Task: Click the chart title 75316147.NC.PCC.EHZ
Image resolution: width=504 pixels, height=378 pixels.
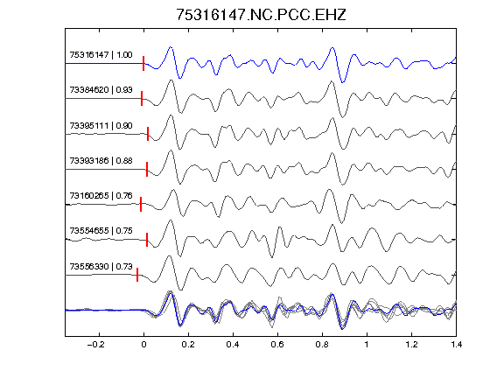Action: tap(261, 15)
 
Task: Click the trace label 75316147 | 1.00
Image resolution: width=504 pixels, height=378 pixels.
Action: tap(101, 55)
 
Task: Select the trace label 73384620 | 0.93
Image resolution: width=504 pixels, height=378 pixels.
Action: tap(101, 90)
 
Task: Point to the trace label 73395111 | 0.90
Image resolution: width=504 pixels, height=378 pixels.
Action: tap(101, 126)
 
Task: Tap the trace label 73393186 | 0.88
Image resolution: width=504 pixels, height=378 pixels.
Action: tap(101, 161)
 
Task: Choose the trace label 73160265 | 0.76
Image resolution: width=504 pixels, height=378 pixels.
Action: tap(101, 196)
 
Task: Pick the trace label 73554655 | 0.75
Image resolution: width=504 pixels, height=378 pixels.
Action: tap(101, 231)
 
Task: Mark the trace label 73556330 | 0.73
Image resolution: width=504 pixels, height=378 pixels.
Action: tap(101, 267)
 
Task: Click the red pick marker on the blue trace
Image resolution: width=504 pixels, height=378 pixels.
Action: tap(143, 63)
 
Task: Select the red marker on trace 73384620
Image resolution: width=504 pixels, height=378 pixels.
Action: tap(142, 98)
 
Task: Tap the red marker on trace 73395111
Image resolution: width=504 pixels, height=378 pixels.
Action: tap(148, 134)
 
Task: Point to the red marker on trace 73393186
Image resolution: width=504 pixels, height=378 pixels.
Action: tap(147, 169)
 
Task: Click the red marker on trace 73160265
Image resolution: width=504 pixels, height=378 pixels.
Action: tap(141, 205)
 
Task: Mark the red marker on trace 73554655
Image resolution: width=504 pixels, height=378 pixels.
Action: tap(147, 240)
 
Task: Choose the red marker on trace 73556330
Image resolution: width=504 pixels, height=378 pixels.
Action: tap(137, 275)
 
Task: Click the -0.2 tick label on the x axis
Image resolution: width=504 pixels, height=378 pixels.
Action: tap(95, 345)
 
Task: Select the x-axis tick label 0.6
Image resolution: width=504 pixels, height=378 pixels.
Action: tap(277, 345)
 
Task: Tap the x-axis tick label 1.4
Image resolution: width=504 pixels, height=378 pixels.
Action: tap(456, 345)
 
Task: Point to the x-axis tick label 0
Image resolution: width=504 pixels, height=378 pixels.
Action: tap(143, 345)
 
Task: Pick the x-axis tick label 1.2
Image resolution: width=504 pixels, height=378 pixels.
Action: tap(411, 345)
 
